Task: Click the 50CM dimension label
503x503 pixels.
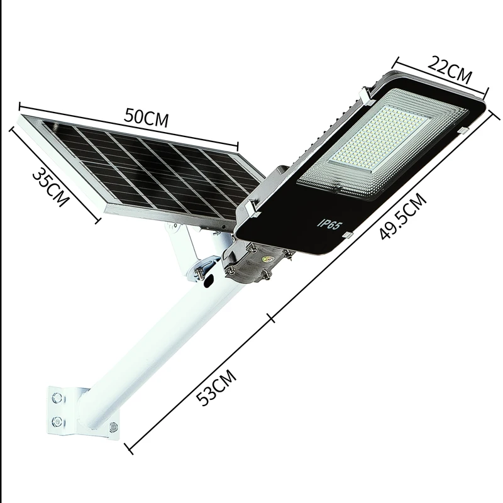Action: pos(146,118)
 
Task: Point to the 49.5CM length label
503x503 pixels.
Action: pos(403,217)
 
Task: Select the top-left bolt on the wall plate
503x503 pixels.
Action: pos(58,398)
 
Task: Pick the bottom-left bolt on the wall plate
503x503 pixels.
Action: pos(57,421)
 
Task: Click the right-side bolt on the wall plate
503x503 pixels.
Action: pos(113,428)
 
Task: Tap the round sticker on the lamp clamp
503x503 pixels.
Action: pos(268,257)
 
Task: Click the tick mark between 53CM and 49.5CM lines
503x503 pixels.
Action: pos(272,318)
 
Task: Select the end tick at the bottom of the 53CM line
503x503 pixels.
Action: pos(129,448)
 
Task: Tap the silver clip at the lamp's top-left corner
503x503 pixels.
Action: pos(365,96)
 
